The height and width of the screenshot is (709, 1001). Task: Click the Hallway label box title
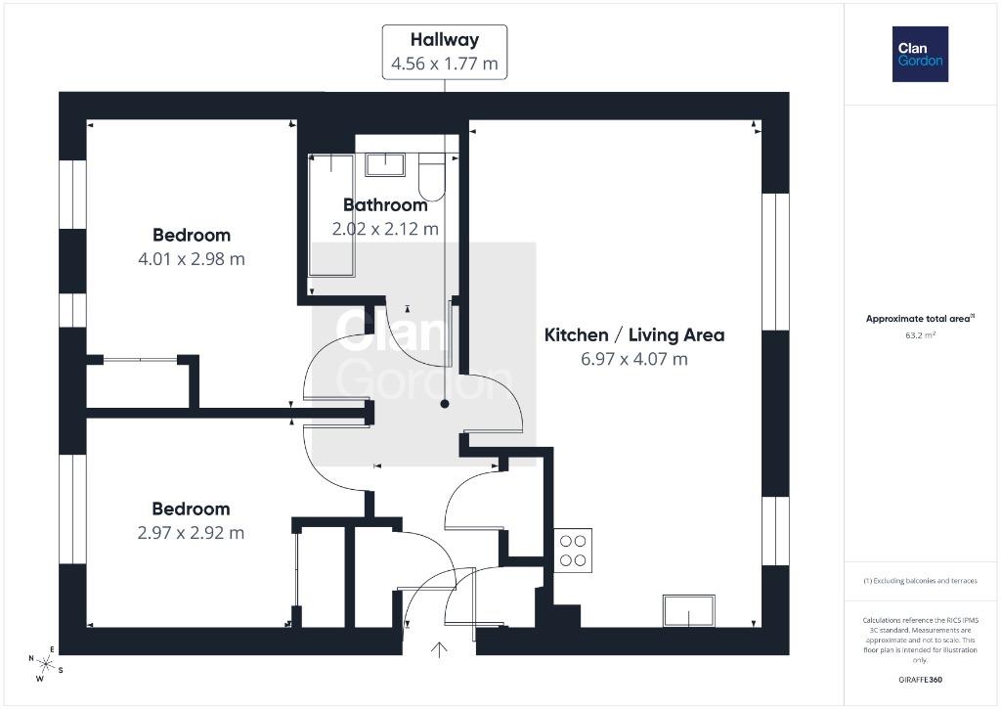(x=445, y=39)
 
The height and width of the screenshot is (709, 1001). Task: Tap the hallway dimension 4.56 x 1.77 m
(x=445, y=64)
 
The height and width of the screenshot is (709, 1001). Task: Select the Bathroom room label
(x=385, y=205)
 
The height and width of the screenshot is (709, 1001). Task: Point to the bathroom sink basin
(x=384, y=165)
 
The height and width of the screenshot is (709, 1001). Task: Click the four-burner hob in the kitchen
(x=573, y=551)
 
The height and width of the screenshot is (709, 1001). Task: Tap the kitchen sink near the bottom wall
(x=689, y=610)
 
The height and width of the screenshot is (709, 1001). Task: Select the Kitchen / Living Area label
(x=633, y=334)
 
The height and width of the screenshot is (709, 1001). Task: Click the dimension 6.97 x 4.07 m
(x=633, y=359)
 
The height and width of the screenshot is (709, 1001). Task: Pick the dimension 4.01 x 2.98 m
(x=192, y=259)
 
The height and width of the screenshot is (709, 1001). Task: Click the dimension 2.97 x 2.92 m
(x=191, y=533)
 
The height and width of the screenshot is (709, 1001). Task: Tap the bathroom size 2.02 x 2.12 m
(x=385, y=229)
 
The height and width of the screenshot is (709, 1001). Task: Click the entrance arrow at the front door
(x=439, y=649)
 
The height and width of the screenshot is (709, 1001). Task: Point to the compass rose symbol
(x=45, y=664)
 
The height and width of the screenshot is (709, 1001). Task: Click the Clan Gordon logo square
(x=920, y=55)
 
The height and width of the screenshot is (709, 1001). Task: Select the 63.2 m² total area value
(x=920, y=334)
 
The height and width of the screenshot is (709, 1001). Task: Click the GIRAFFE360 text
(x=920, y=680)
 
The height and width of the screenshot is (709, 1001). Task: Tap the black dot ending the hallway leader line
(x=445, y=404)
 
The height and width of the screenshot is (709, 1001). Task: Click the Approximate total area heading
(x=920, y=318)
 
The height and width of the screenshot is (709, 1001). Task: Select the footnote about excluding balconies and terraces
(x=920, y=581)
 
